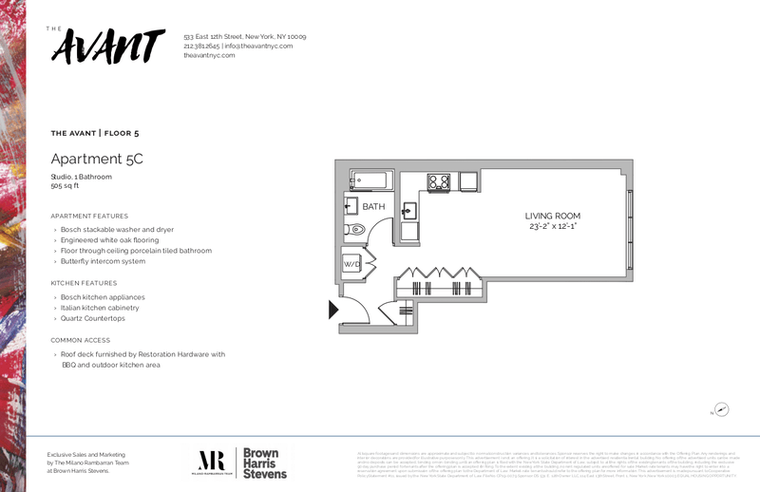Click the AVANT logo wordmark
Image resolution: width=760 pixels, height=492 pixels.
tap(104, 47)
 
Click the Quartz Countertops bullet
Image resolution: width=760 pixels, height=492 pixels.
tap(94, 318)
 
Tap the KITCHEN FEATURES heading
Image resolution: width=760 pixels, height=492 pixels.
tap(84, 283)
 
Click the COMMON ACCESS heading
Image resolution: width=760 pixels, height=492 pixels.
tap(81, 340)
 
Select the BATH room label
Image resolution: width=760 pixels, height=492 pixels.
tap(373, 206)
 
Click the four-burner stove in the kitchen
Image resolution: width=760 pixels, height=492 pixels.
tap(438, 180)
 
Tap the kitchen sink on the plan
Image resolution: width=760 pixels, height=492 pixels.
tap(408, 211)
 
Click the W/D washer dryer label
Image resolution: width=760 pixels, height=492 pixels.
tap(351, 264)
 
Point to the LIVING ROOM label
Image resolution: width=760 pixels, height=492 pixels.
tap(552, 216)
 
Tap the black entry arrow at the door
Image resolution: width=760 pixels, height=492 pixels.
tap(333, 310)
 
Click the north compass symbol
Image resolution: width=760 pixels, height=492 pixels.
tap(721, 410)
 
